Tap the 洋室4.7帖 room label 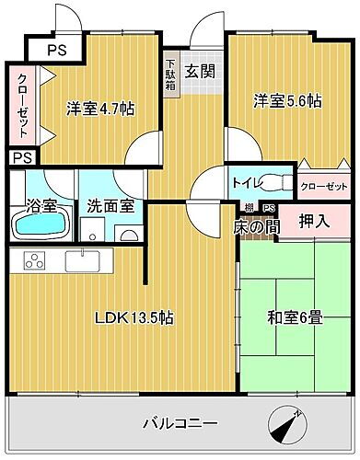click(100, 109)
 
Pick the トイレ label click(245, 182)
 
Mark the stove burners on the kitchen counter click(33, 262)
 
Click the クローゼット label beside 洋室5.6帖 click(323, 186)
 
